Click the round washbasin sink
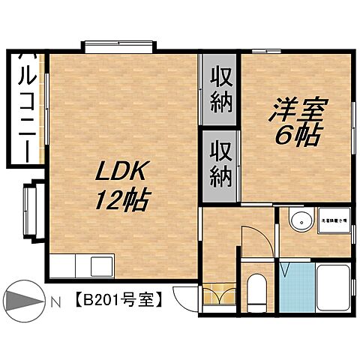point(301,223)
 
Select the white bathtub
point(333,288)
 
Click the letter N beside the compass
point(55,303)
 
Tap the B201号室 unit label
point(118,302)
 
